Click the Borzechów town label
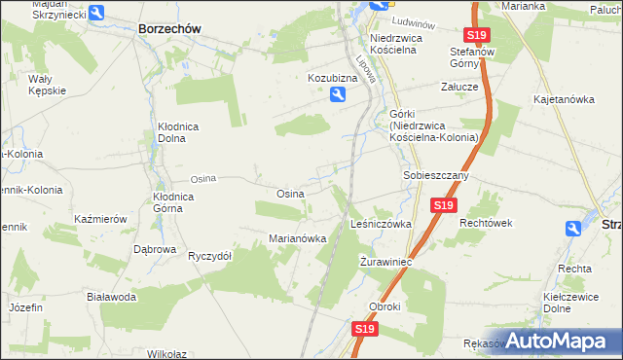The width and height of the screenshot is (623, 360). (x=169, y=29)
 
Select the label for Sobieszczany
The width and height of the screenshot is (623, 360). (x=436, y=176)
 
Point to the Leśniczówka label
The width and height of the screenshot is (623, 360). (x=381, y=224)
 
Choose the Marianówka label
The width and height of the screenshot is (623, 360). (x=296, y=238)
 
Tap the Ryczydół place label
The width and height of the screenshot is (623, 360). (x=209, y=256)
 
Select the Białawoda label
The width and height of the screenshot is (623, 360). (x=110, y=297)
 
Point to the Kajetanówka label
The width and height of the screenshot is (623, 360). (x=564, y=100)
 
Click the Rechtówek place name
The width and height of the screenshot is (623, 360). (x=486, y=223)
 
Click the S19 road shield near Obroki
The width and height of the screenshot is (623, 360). (x=364, y=330)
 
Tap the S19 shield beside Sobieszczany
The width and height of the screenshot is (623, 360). (x=444, y=205)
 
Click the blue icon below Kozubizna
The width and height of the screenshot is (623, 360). (x=337, y=94)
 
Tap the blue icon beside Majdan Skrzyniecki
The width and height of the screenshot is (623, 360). (x=96, y=13)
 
